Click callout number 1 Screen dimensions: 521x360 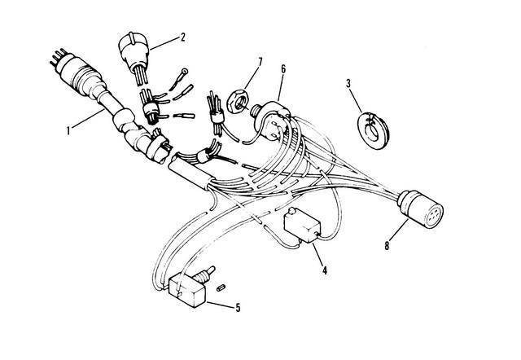click(68, 130)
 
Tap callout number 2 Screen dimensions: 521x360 click(182, 37)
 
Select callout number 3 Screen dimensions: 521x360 click(348, 83)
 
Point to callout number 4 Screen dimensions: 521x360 click(325, 270)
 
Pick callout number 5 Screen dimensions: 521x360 click(238, 308)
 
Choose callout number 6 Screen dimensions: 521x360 click(283, 68)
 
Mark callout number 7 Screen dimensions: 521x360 click(260, 62)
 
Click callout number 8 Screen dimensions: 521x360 click(387, 246)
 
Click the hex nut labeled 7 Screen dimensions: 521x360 click(238, 102)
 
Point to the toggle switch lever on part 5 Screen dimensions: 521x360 click(206, 273)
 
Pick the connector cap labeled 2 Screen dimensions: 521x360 click(134, 51)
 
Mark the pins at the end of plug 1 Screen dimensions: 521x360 click(58, 57)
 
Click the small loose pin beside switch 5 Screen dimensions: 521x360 click(221, 288)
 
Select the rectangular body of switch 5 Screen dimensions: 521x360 click(188, 292)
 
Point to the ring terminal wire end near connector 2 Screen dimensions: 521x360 click(178, 79)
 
